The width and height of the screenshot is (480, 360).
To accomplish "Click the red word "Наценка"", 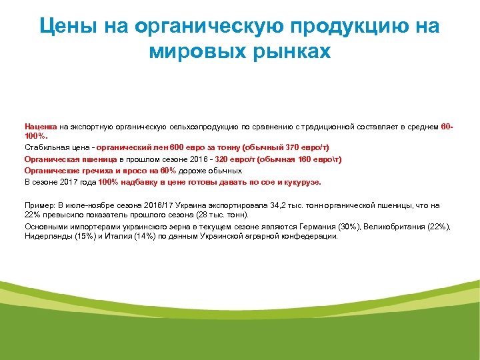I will [x=41, y=126].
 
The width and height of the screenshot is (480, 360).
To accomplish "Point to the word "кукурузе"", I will [x=303, y=181].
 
